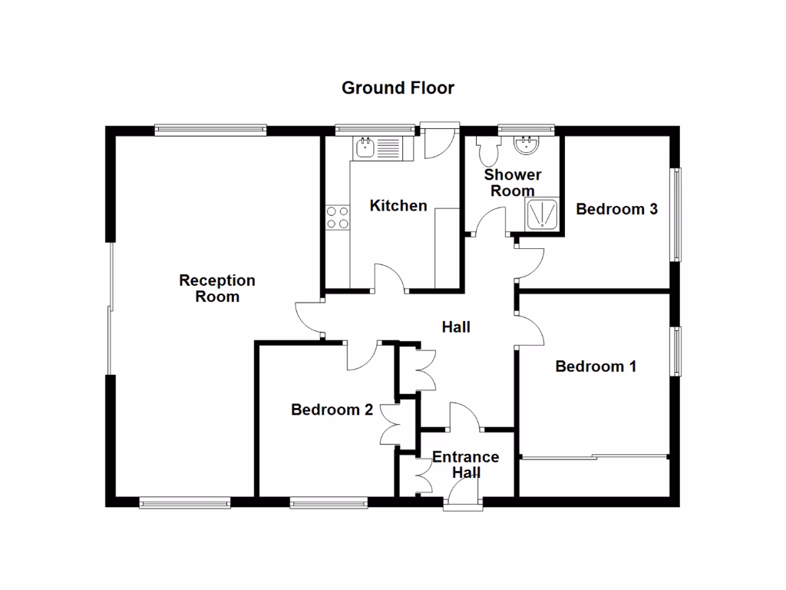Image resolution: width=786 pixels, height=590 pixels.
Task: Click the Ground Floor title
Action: tap(398, 88)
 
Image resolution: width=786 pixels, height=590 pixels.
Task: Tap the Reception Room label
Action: tap(217, 288)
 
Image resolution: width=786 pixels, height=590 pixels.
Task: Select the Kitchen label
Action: tap(398, 205)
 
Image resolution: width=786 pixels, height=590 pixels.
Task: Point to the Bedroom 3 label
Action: tap(616, 208)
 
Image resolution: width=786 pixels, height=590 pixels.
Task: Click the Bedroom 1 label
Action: tap(596, 366)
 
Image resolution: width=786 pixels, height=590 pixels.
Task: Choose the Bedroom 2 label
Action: tap(332, 409)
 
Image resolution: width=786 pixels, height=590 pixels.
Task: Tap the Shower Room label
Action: tap(513, 183)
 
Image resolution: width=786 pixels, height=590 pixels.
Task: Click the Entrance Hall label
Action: tap(465, 465)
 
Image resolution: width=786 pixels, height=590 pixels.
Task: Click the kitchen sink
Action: tap(374, 147)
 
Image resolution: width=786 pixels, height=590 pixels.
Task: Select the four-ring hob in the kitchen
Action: tap(338, 217)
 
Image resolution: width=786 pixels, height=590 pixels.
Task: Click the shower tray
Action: tap(543, 214)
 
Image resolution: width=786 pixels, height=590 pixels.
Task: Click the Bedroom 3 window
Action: tap(677, 215)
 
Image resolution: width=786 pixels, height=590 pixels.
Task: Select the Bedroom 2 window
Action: tap(328, 503)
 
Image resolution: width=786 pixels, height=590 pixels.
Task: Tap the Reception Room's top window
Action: tap(210, 129)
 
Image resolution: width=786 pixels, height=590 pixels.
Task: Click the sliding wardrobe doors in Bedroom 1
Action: tap(595, 459)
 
